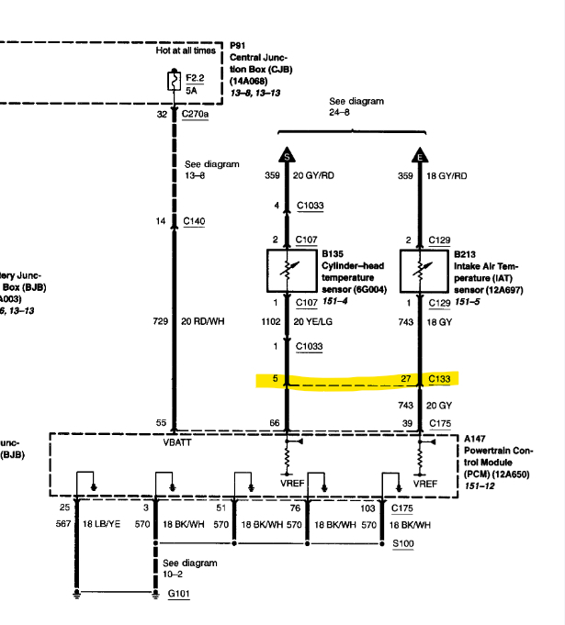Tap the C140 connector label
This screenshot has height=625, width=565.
click(x=195, y=221)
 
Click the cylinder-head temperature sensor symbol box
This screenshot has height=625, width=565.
click(x=287, y=270)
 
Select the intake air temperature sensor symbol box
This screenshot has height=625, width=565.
click(x=420, y=270)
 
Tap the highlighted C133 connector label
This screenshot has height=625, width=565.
click(x=441, y=378)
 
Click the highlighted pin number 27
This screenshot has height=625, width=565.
click(x=406, y=378)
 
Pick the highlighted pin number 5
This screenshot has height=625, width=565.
click(x=276, y=378)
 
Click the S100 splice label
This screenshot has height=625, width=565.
click(x=403, y=543)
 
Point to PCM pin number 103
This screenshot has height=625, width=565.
click(x=367, y=507)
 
